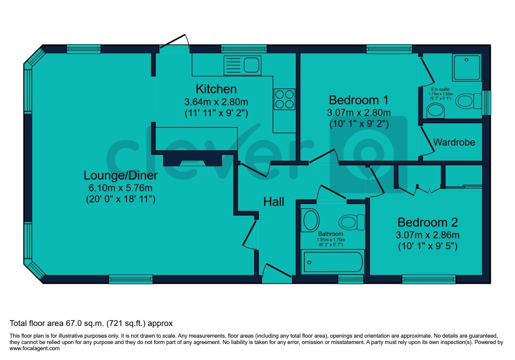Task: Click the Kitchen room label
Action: point(216,89)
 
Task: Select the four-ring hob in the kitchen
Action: point(285,99)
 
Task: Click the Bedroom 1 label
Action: point(359,100)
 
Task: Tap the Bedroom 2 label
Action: point(427,222)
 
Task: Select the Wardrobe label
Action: point(454,142)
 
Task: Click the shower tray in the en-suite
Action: point(467,68)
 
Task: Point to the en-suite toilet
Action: point(468,100)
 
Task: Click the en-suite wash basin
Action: point(435,110)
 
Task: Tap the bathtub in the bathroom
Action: point(332,262)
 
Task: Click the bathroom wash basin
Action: point(310,220)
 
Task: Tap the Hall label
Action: point(274,202)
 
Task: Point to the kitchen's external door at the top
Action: point(174,43)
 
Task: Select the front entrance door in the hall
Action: point(277,272)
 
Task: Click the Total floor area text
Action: point(91,323)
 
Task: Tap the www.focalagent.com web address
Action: point(35,348)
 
